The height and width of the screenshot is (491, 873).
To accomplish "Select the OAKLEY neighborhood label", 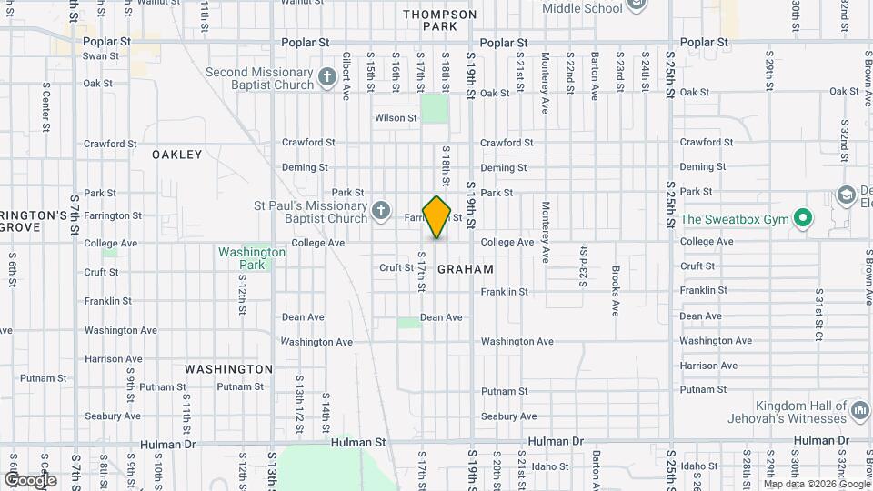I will pos(176,155).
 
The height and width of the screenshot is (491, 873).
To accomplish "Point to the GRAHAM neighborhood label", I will pos(466,269).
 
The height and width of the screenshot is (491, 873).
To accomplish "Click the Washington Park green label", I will pos(240,258).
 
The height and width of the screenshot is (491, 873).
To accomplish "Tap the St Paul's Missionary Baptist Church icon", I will pos(382,212).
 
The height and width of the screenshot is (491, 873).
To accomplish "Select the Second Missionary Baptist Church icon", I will pos(329,78).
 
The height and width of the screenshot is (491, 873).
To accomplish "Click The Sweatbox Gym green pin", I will pos(802,218).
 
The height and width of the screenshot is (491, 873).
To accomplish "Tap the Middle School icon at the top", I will pos(637,5).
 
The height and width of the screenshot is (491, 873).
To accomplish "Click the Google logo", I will pos(30,479).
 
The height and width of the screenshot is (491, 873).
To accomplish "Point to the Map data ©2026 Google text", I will pos(817,484).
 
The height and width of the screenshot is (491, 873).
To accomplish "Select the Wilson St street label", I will pos(395,118).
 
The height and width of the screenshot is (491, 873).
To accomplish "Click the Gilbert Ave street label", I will pos(346,75).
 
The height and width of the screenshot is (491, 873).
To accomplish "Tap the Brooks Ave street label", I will pos(616,291).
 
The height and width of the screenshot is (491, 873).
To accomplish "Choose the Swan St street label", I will pos(95,56).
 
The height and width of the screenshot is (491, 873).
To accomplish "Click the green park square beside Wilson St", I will pos(435,109).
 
